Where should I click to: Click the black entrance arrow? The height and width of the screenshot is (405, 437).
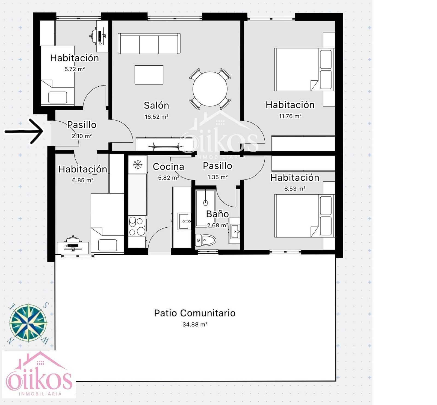tap(24, 131)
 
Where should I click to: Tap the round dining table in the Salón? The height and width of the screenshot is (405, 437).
tap(210, 89)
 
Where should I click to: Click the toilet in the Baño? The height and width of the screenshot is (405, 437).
tap(206, 240)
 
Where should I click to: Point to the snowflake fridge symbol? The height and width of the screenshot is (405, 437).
tap(138, 165)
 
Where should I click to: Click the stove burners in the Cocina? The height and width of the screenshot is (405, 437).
tap(137, 226)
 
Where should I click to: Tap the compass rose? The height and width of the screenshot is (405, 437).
tap(28, 323)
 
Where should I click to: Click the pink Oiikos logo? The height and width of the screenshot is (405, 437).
tap(39, 374)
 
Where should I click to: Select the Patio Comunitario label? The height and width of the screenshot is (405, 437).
tap(195, 313)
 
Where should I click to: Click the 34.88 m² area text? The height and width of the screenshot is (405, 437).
tap(195, 324)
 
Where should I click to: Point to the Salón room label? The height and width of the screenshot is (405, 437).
tap(157, 105)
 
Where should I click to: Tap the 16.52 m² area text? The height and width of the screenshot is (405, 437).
tap(157, 117)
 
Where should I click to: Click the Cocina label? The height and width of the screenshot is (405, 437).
tap(169, 166)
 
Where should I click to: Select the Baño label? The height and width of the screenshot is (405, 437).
tap(217, 214)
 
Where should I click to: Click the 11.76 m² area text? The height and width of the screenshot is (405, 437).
tap(290, 116)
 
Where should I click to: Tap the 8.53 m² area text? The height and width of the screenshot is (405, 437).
tap(295, 189)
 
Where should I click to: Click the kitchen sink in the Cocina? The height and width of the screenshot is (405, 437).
tap(185, 221)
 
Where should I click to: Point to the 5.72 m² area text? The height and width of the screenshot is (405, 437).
tap(75, 69)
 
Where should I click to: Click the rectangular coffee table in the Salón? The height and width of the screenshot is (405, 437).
tap(149, 75)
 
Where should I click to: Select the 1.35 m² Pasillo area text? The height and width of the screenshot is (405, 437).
tap(218, 177)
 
